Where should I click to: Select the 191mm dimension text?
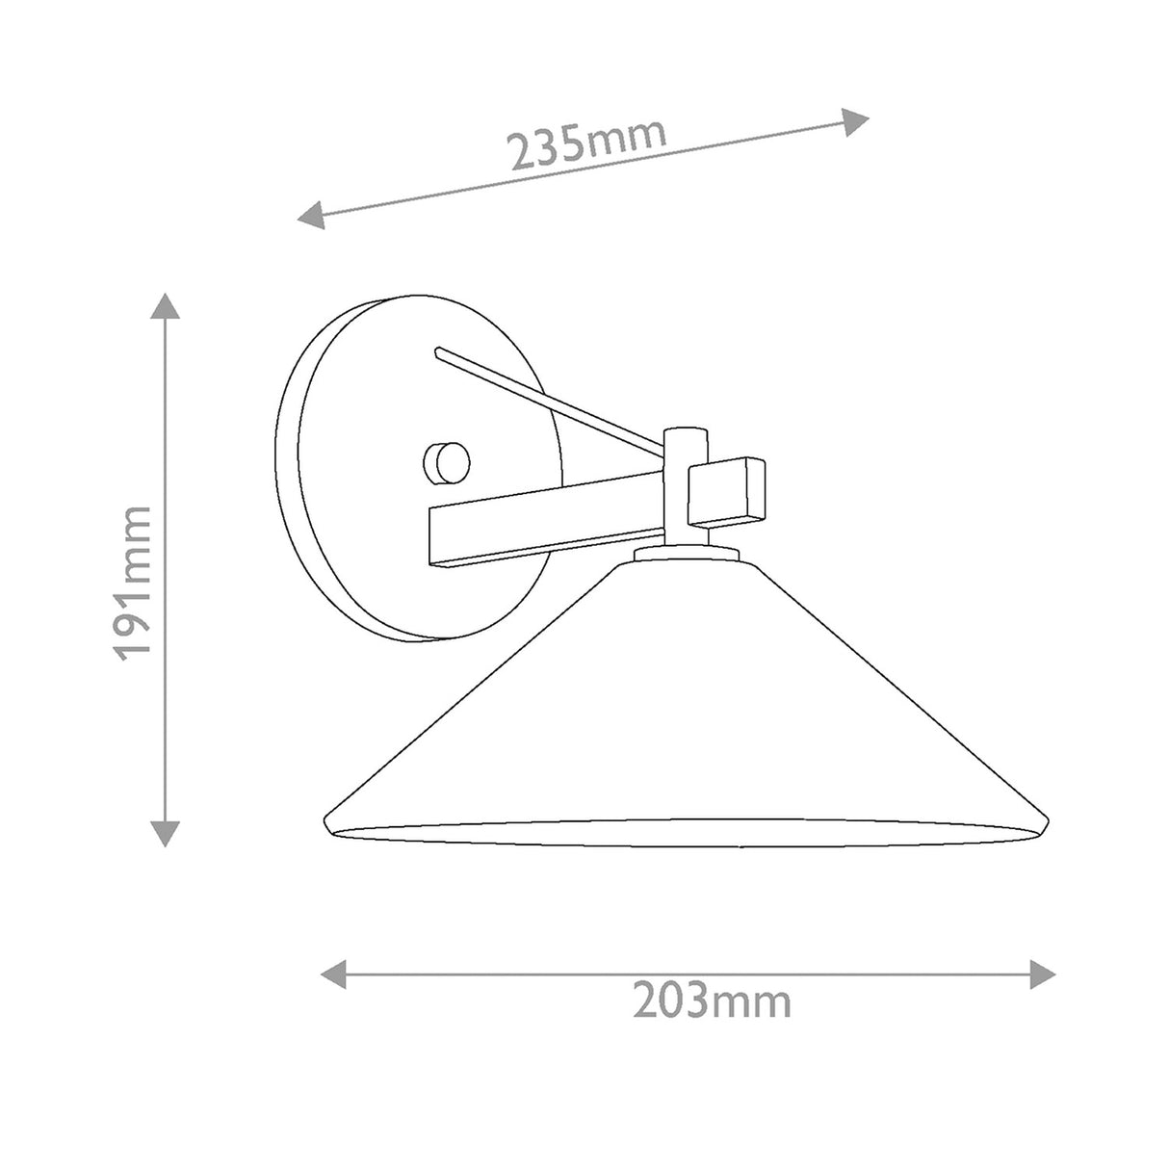(x=132, y=583)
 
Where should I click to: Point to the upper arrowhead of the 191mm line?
(x=165, y=306)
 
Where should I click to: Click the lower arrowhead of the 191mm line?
(x=165, y=833)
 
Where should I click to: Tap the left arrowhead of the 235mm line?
(x=311, y=216)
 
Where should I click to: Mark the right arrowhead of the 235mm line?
(x=855, y=122)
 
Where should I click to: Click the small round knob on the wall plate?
(x=447, y=463)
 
